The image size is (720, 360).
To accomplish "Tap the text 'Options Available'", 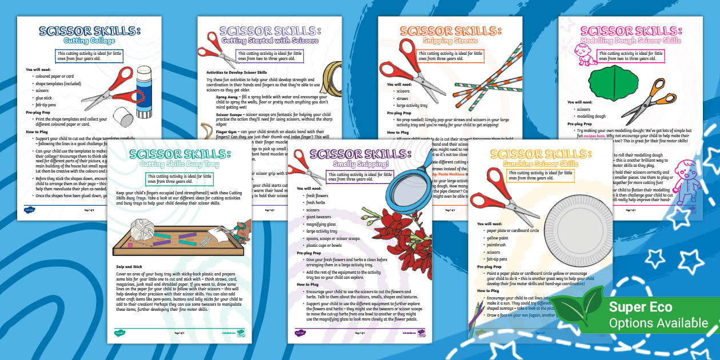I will click(658, 323).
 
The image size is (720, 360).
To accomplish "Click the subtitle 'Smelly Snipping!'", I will click(359, 165).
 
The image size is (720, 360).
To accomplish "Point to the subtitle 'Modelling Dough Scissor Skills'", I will click(630, 41).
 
